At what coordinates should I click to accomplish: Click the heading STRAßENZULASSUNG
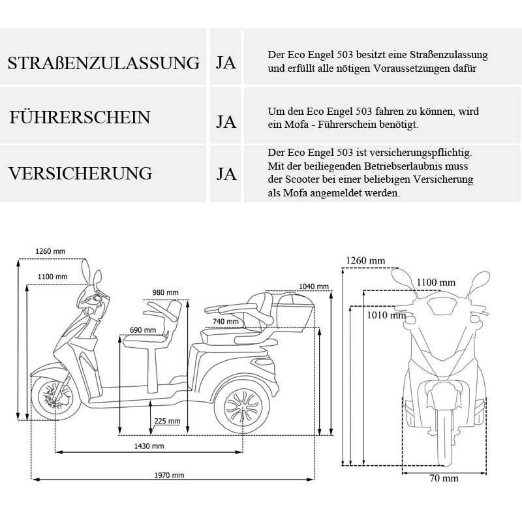tap(103, 63)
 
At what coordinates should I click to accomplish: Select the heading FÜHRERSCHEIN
tap(80, 118)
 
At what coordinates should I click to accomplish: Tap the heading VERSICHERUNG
tap(80, 174)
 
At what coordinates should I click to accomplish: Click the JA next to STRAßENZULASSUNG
tap(226, 63)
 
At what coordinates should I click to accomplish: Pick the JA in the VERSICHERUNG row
tap(226, 174)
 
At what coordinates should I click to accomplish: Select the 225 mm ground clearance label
tap(168, 421)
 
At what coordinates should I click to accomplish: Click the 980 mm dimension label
tap(165, 292)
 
